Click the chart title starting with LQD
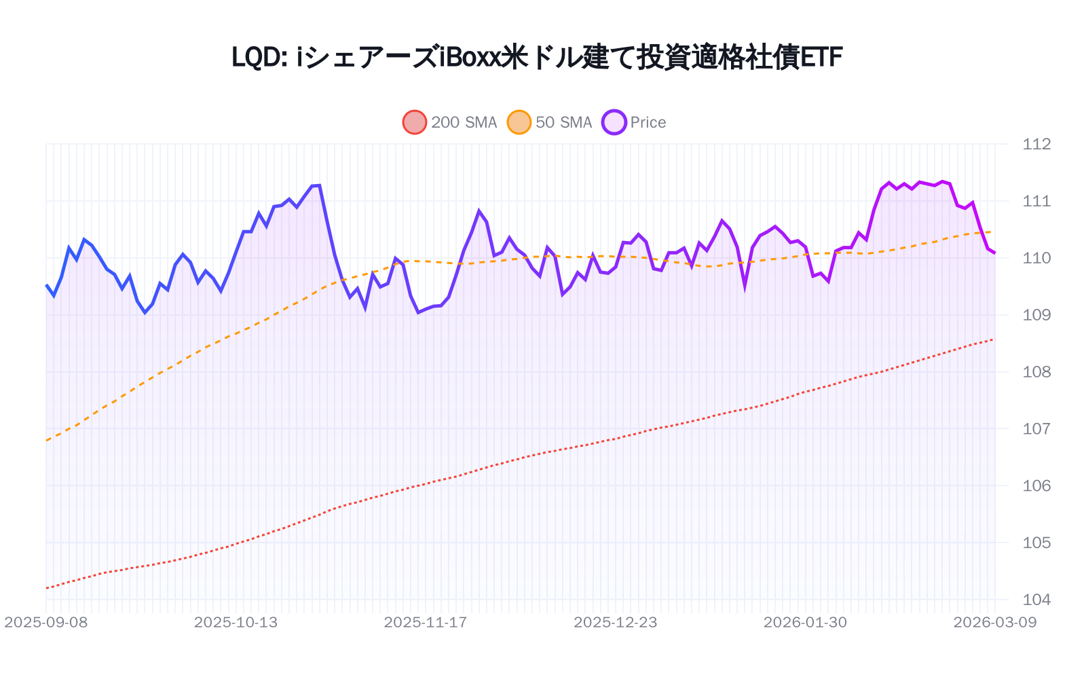(536, 58)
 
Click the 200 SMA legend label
(464, 122)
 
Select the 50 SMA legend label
(563, 122)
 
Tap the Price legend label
(648, 122)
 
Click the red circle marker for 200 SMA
(415, 122)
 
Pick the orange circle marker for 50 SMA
(519, 122)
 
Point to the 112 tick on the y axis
(1036, 144)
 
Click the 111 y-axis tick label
(1036, 201)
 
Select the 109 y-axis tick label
(1036, 315)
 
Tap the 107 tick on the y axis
(1036, 428)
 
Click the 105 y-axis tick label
(1036, 543)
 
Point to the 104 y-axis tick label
(1036, 600)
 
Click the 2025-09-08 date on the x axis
(46, 623)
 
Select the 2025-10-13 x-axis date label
(236, 623)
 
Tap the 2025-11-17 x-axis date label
(426, 623)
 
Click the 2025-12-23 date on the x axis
(616, 623)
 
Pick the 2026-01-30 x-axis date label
(805, 623)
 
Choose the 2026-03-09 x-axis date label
(994, 623)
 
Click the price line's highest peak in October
(319, 185)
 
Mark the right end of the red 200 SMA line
(994, 339)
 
